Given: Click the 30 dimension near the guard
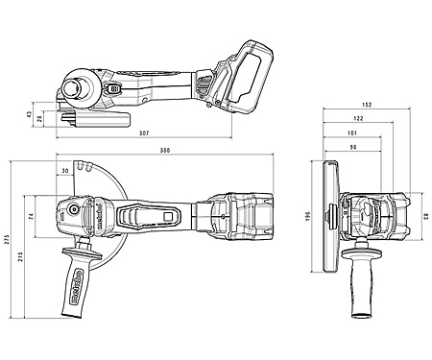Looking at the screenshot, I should pyautogui.click(x=65, y=171).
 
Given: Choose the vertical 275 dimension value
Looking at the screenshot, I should pyautogui.click(x=8, y=240).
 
